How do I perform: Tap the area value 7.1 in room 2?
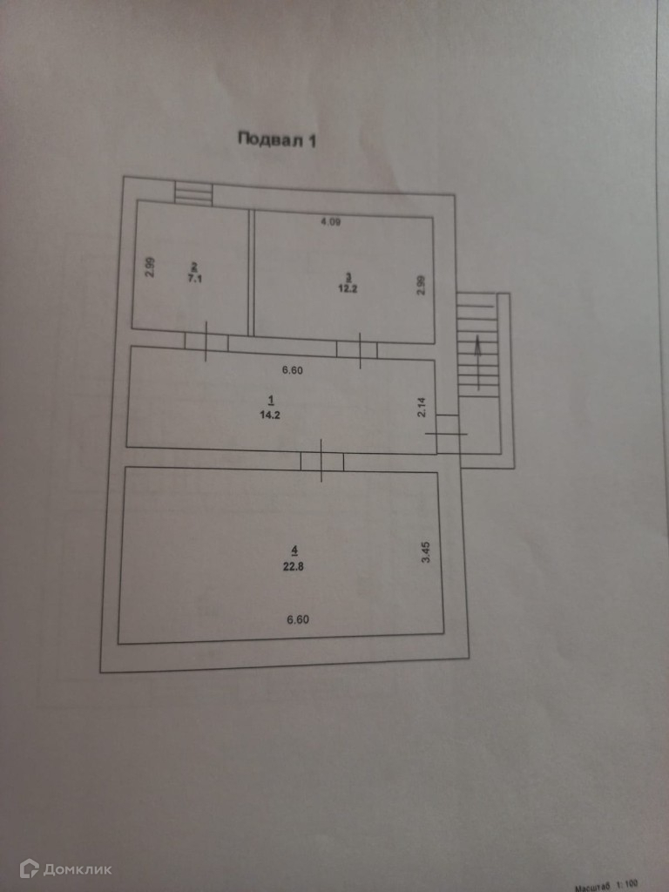(193, 279)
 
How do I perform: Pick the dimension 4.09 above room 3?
(330, 223)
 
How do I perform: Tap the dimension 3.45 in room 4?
(426, 552)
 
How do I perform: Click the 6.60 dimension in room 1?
(292, 370)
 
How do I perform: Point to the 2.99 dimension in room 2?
(150, 266)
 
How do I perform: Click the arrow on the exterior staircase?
(477, 346)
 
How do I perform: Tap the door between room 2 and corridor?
(206, 341)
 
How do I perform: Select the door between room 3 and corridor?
(357, 348)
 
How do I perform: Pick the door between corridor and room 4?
(321, 460)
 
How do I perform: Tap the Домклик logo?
(66, 868)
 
